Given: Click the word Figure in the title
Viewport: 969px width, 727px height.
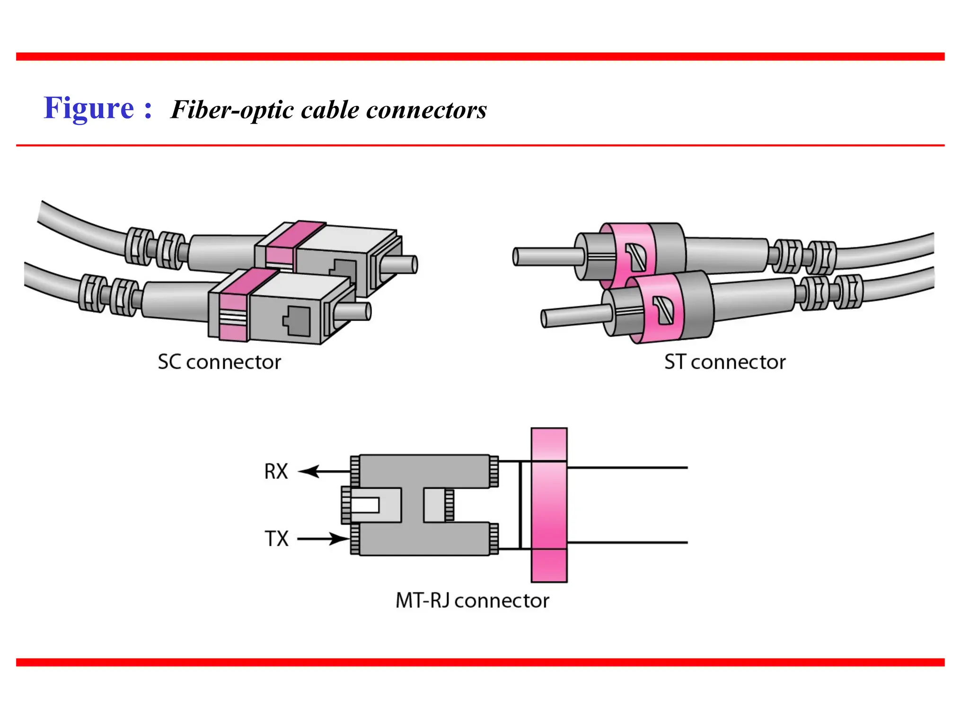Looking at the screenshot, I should [x=89, y=108].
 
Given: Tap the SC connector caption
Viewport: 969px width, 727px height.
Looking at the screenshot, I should [x=219, y=362].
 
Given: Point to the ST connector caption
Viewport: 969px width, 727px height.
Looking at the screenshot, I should [x=724, y=362].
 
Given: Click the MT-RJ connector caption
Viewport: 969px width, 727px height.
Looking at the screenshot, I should [x=472, y=601].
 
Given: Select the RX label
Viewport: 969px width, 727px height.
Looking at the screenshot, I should [x=276, y=471].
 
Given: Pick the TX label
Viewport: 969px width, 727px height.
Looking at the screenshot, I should [x=276, y=539].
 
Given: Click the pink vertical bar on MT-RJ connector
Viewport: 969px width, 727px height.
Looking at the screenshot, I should [x=549, y=505].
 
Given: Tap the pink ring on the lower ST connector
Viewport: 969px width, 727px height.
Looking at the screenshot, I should [x=660, y=308].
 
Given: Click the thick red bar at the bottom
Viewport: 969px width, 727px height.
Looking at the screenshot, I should [x=480, y=662].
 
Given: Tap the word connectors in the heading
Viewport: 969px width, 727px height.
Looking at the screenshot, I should [x=426, y=110].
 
